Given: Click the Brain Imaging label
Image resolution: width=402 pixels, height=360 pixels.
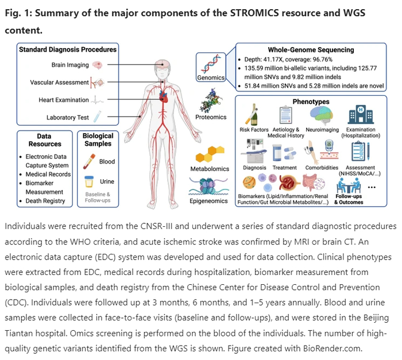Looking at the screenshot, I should coord(71,65).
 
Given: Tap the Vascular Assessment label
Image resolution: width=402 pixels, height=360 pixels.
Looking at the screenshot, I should coord(59,83).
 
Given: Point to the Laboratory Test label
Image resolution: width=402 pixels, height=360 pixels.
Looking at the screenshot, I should coord(68,118).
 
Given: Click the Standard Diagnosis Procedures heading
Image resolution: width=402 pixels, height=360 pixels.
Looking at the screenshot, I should coord(68,49).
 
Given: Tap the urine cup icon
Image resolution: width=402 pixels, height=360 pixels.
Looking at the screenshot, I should coord(89,183).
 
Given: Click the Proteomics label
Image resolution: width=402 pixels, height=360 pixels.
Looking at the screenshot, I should coord(211,117).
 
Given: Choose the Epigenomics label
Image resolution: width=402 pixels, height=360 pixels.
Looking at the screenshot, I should coord(210,202).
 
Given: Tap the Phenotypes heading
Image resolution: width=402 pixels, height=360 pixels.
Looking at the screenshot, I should coord(310,102).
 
